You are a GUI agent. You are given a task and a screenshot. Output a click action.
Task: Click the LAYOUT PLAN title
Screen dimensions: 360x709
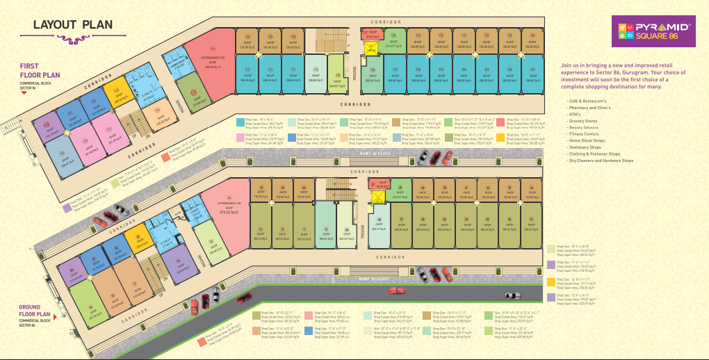pyautogui.click(x=72, y=25)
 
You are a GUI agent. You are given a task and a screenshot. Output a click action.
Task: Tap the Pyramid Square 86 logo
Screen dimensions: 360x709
pyautogui.click(x=657, y=31)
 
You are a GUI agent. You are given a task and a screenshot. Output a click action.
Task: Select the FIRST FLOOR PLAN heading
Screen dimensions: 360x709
pyautogui.click(x=40, y=71)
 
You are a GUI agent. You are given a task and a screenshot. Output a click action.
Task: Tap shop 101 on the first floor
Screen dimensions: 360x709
pyautogui.click(x=532, y=74)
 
